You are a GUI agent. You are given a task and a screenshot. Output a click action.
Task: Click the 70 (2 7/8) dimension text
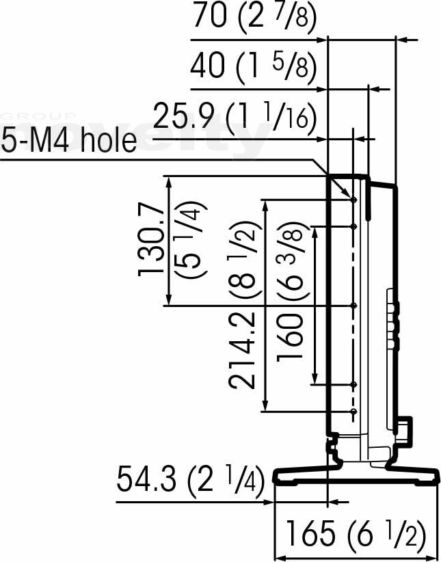(255, 16)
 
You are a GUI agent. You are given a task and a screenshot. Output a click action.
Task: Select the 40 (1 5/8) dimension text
(254, 67)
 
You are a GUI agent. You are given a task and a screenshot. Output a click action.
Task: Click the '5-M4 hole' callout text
(69, 141)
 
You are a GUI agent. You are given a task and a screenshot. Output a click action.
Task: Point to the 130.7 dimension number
(151, 243)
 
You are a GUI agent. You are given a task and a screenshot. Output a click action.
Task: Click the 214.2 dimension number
(242, 351)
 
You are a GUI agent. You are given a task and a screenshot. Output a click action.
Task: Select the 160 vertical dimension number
(291, 336)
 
